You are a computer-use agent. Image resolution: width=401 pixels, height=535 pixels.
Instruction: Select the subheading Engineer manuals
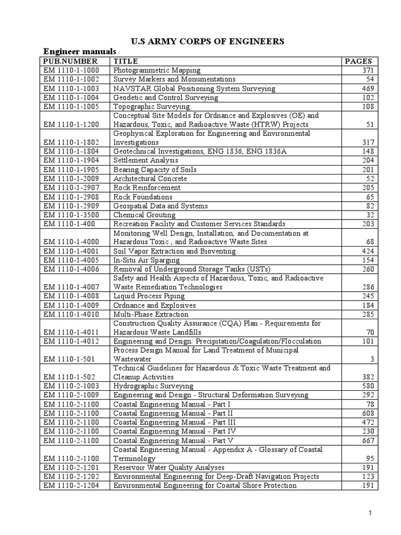click(79, 51)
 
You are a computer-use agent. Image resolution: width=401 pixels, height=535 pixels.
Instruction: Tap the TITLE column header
click(125, 61)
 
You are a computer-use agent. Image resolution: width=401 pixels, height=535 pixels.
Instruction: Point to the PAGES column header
click(359, 61)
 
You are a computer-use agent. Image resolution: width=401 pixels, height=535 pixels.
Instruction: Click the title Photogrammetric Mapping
click(157, 70)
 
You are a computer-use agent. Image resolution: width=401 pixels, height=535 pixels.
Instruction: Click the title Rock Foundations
click(143, 197)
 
